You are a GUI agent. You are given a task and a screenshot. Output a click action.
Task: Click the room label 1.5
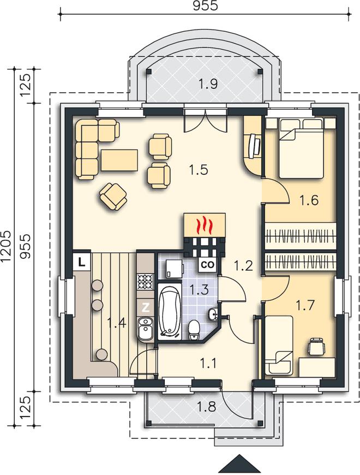coord(199,170)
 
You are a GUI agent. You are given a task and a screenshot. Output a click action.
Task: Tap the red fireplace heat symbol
coord(205,225)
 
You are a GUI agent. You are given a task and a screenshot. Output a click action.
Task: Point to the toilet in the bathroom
coord(194,331)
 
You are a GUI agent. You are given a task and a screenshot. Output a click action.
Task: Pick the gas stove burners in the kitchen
coord(145,281)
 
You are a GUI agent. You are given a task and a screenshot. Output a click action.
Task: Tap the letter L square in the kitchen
coord(81,262)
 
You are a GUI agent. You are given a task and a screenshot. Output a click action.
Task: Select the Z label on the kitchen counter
coord(146,307)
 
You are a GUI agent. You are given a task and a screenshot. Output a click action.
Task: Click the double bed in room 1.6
coord(301,149)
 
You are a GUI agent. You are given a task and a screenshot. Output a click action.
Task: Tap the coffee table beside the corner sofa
coord(120,160)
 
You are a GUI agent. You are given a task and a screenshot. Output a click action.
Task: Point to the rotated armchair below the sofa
coord(113,197)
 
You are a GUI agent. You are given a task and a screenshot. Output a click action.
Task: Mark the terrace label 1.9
coord(209,84)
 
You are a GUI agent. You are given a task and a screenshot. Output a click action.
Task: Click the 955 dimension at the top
coord(206,6)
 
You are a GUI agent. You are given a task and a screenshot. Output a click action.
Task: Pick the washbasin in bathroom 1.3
coord(214,314)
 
